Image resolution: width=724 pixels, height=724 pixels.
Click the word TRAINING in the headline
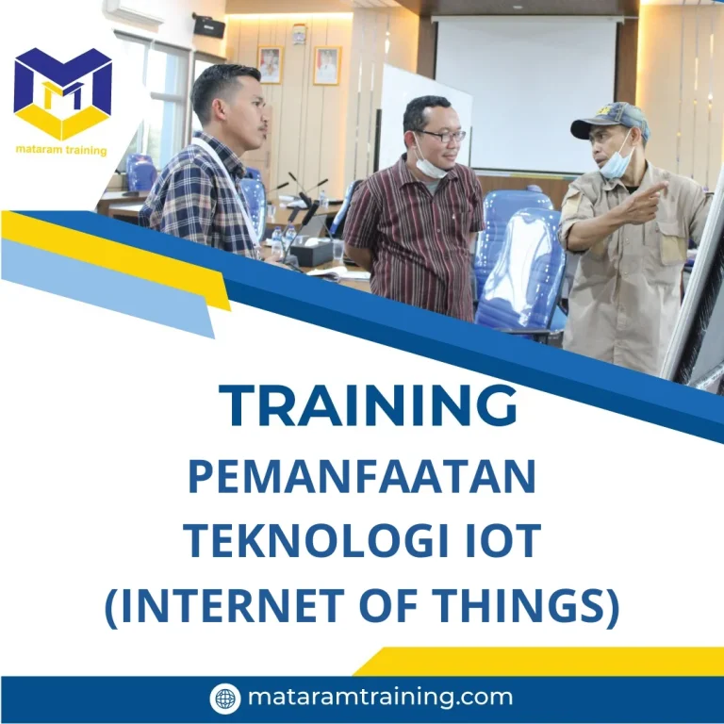click(369, 406)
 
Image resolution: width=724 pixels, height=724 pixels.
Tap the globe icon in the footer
click(225, 699)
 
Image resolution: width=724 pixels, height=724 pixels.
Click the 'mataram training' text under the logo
click(61, 151)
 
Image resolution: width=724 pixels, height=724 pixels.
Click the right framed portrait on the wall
click(326, 66)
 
